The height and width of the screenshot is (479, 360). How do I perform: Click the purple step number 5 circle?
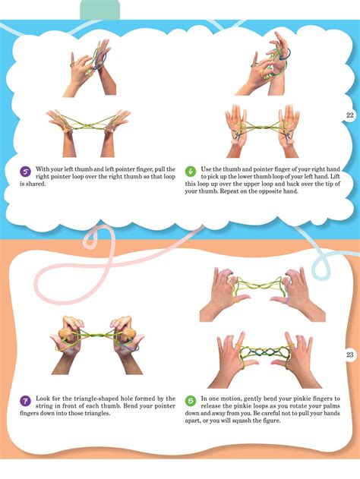point(25,171)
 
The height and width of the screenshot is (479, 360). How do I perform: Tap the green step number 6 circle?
point(191,171)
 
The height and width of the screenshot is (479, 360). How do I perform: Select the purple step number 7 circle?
point(25,399)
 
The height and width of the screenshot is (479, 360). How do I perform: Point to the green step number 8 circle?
point(191,399)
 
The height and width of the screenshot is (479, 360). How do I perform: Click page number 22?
point(349,115)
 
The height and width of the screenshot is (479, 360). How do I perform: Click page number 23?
point(349,355)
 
